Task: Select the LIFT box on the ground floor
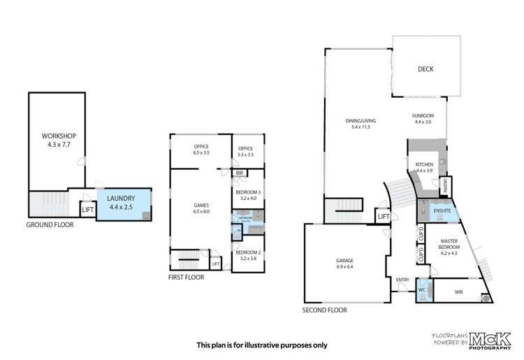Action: pos(88,209)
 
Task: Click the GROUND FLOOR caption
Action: pos(50,225)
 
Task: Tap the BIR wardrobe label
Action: pos(240,173)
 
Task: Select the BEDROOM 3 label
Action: pos(248,195)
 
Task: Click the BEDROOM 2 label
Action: pos(248,256)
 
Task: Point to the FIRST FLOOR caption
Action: pos(187,277)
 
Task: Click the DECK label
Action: pos(425,69)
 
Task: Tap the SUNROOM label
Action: pos(423,119)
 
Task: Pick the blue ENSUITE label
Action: pos(441,210)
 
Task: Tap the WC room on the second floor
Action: pos(422,289)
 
